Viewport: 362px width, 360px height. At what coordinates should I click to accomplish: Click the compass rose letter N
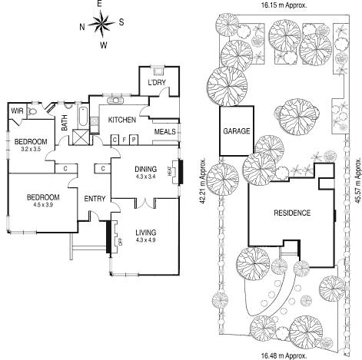click(x=82, y=25)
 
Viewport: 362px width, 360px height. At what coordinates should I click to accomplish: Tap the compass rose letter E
click(x=101, y=5)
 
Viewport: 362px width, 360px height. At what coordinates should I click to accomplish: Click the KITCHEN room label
click(x=121, y=121)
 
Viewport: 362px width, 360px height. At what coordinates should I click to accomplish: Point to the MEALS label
click(x=164, y=131)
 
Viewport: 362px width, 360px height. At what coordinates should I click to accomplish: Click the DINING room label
click(x=145, y=170)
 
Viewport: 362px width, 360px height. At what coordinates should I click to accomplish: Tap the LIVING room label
click(x=145, y=233)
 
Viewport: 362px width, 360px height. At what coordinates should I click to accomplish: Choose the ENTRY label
click(x=95, y=199)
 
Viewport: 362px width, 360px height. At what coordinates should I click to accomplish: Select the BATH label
click(x=65, y=121)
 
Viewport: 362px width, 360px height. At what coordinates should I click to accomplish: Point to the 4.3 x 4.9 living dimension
click(x=145, y=241)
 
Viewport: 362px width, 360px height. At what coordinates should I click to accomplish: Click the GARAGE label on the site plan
click(x=236, y=131)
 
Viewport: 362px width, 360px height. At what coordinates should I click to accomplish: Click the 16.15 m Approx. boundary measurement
click(x=284, y=5)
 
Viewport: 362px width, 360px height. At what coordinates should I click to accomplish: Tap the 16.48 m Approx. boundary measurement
click(x=284, y=355)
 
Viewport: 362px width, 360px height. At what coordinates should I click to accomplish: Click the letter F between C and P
click(x=123, y=139)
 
